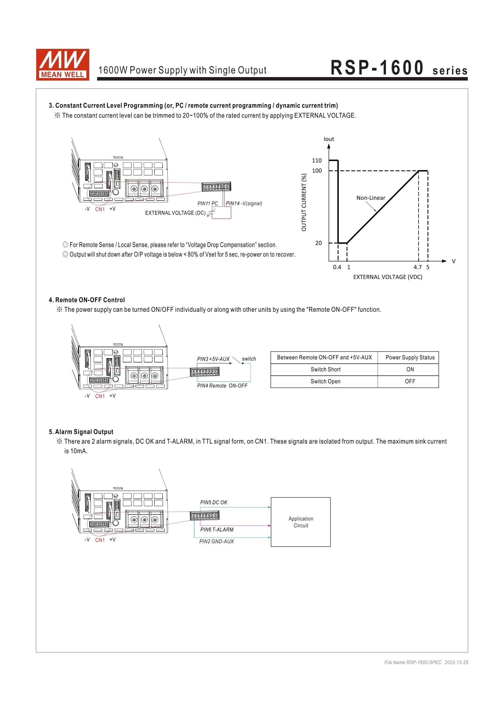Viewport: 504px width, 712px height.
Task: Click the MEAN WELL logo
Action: click(x=62, y=64)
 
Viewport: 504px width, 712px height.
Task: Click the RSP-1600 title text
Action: click(x=377, y=68)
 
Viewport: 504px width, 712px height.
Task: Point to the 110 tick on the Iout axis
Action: click(x=317, y=160)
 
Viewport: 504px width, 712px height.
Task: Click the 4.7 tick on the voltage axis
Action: click(x=418, y=267)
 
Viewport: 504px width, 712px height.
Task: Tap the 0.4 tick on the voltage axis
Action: click(x=337, y=267)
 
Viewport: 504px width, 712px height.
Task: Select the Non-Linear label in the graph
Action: click(x=371, y=198)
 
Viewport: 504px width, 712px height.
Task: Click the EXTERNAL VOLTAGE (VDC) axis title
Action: click(x=388, y=277)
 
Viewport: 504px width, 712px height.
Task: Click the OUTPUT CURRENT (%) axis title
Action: click(x=304, y=202)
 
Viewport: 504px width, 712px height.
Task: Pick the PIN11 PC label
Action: click(x=208, y=204)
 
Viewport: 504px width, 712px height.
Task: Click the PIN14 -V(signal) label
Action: click(x=244, y=203)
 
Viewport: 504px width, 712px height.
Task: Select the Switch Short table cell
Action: click(x=325, y=369)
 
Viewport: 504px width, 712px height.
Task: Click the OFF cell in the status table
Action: click(x=410, y=382)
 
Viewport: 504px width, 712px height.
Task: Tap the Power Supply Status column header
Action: click(x=410, y=357)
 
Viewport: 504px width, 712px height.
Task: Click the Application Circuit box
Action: click(x=300, y=522)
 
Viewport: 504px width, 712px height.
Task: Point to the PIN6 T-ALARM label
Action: click(x=217, y=530)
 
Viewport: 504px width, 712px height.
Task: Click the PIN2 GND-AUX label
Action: click(x=216, y=541)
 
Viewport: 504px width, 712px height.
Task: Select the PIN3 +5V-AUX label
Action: click(x=213, y=359)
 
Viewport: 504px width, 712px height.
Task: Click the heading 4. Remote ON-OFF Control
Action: click(x=87, y=300)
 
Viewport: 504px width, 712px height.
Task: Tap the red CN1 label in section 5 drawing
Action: click(x=100, y=540)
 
